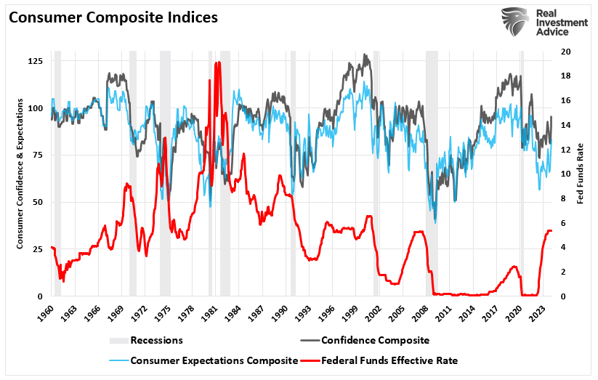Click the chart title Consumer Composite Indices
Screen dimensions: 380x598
click(113, 17)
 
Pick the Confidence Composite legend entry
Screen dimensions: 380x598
click(375, 339)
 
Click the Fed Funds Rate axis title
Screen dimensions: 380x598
click(581, 174)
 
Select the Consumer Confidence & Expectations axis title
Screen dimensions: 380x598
click(21, 174)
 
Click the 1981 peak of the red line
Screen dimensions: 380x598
click(217, 64)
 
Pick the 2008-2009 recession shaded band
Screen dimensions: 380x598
click(432, 174)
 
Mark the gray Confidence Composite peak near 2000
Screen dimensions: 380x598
click(366, 55)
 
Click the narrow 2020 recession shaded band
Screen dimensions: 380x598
click(521, 174)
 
